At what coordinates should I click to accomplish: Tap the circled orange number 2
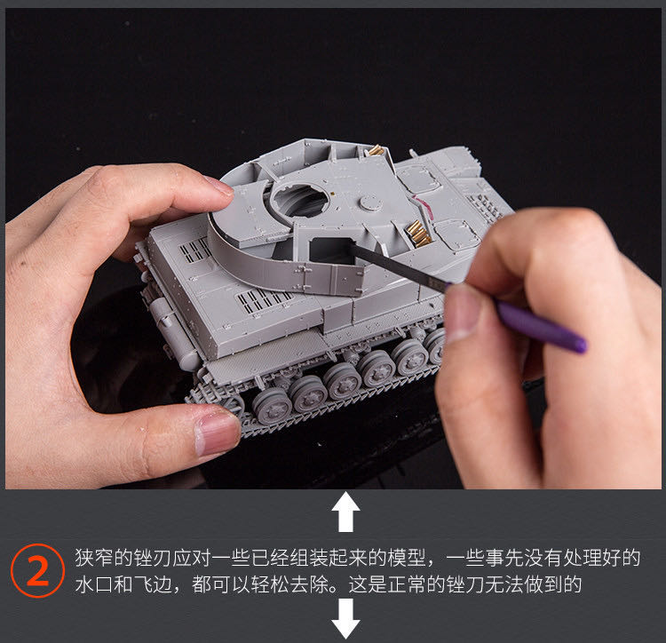37,570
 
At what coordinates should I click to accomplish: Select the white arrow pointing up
345,512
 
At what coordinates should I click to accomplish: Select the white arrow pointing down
345,618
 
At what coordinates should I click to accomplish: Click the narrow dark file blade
400,267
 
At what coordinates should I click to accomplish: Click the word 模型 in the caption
408,558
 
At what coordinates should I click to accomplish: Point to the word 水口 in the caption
94,584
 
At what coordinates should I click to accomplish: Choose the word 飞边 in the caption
153,584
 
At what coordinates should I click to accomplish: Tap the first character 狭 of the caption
84,558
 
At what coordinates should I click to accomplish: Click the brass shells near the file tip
418,234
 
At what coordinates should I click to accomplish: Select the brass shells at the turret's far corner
376,149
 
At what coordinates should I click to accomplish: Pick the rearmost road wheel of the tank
273,405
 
